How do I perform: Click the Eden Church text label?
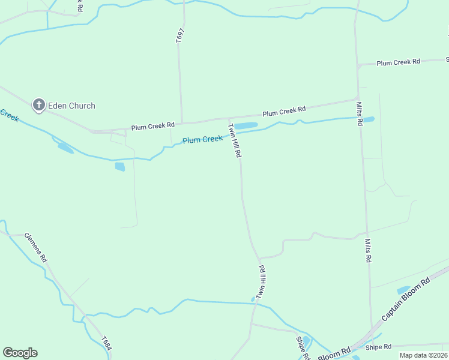(x=71, y=106)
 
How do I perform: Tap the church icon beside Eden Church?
(x=39, y=106)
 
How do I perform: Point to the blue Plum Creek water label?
(x=202, y=139)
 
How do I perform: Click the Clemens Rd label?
(x=36, y=247)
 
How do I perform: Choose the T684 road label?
(x=106, y=343)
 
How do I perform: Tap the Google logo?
(x=20, y=353)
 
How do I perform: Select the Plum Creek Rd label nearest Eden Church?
(x=153, y=125)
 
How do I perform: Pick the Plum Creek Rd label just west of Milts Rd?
(x=284, y=111)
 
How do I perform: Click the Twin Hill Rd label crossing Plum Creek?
(x=234, y=140)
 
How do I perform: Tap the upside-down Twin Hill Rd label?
(x=261, y=283)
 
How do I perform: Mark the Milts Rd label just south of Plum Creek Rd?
(x=360, y=113)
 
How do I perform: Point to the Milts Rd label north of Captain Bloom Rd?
(x=368, y=251)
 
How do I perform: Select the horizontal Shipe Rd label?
(x=378, y=347)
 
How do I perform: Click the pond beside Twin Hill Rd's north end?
(x=246, y=125)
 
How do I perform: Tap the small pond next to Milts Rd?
(x=369, y=119)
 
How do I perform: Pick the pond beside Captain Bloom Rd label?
(x=403, y=290)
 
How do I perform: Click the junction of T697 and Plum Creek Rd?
(x=182, y=122)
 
